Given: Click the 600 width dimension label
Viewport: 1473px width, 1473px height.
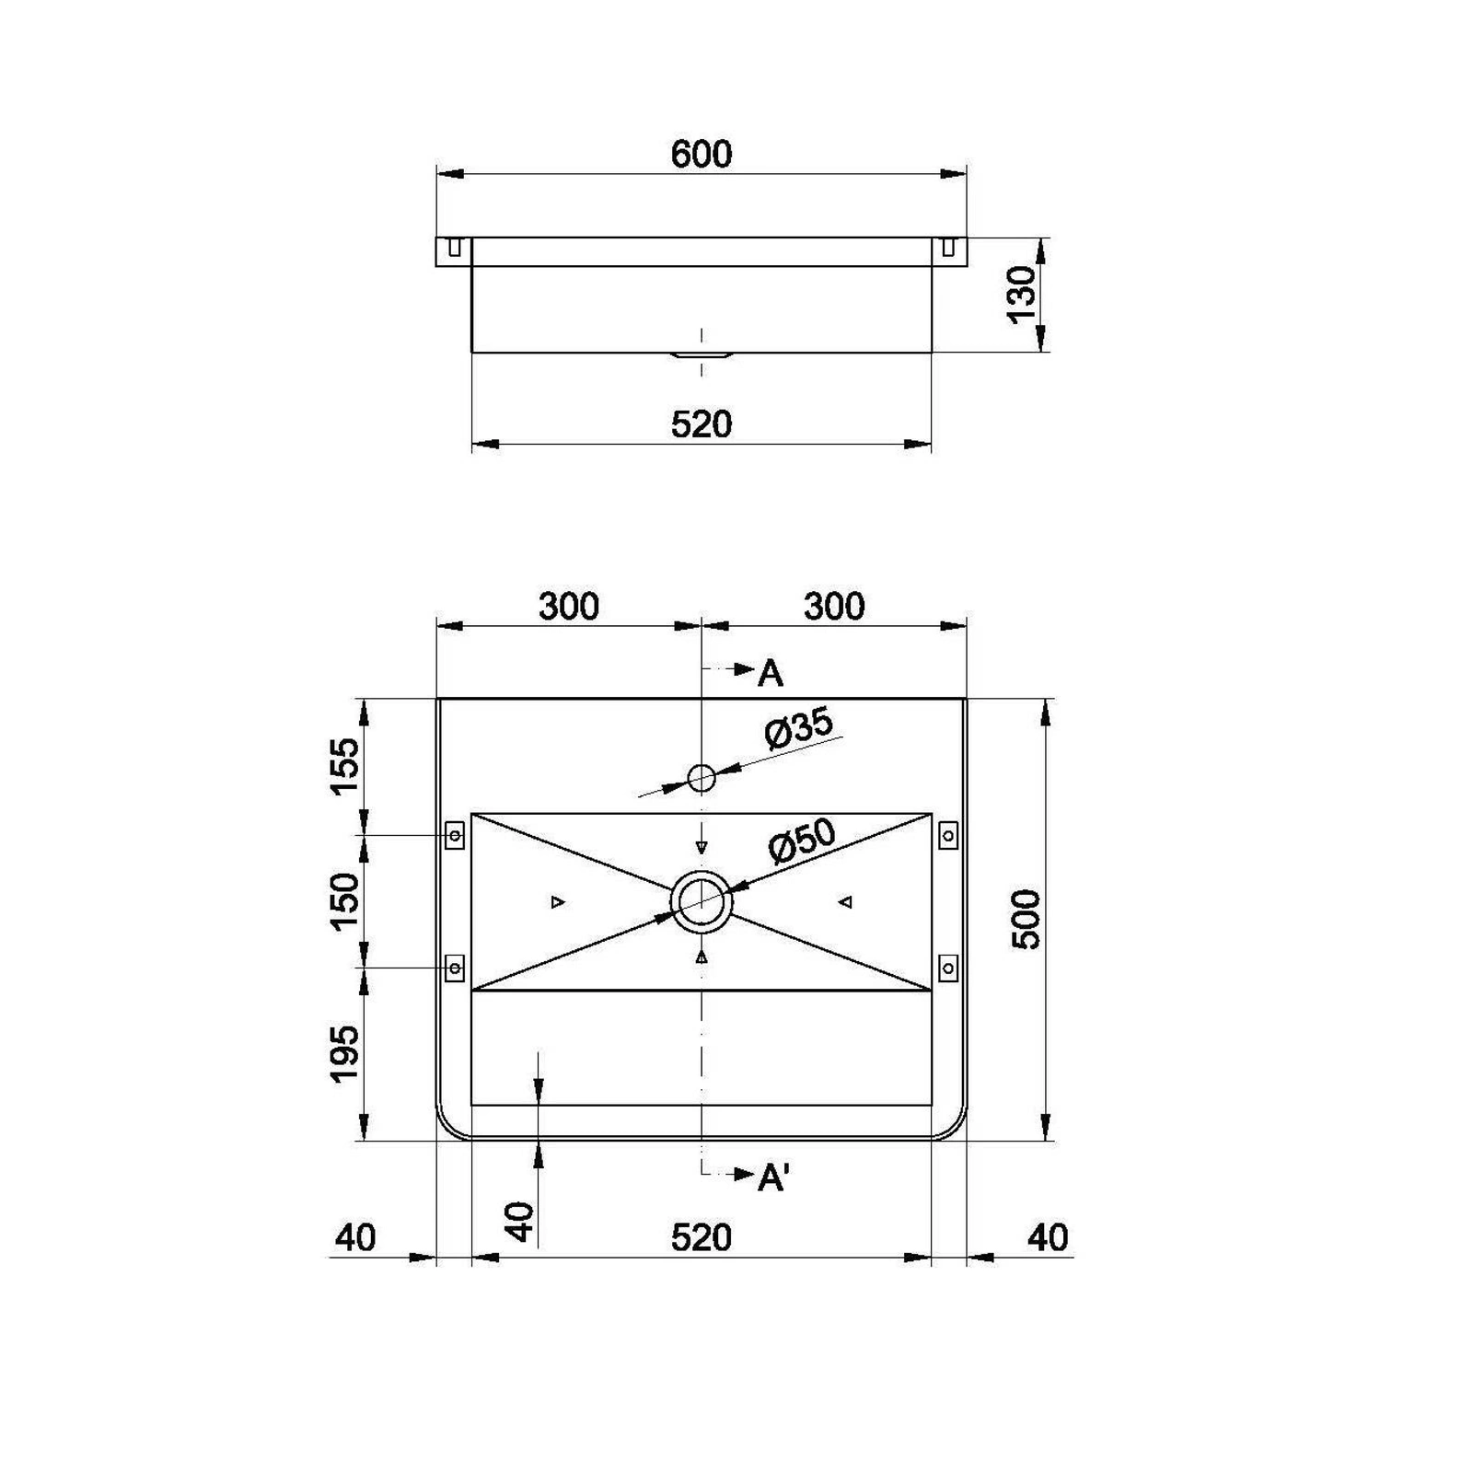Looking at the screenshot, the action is tap(702, 154).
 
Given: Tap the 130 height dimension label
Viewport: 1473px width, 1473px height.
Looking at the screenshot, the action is tap(1022, 295).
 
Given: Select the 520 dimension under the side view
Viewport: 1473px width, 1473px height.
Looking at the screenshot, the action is tap(702, 424).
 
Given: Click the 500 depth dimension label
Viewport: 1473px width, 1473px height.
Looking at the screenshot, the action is tap(1026, 919).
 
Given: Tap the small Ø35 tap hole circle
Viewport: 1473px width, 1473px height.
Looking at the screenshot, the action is tap(702, 778).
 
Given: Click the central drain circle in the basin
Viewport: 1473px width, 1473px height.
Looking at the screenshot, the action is tap(702, 901).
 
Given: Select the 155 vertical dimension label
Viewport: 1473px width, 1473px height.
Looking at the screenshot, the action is tap(344, 766).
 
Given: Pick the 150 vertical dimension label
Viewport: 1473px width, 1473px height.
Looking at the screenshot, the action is tap(344, 900).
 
